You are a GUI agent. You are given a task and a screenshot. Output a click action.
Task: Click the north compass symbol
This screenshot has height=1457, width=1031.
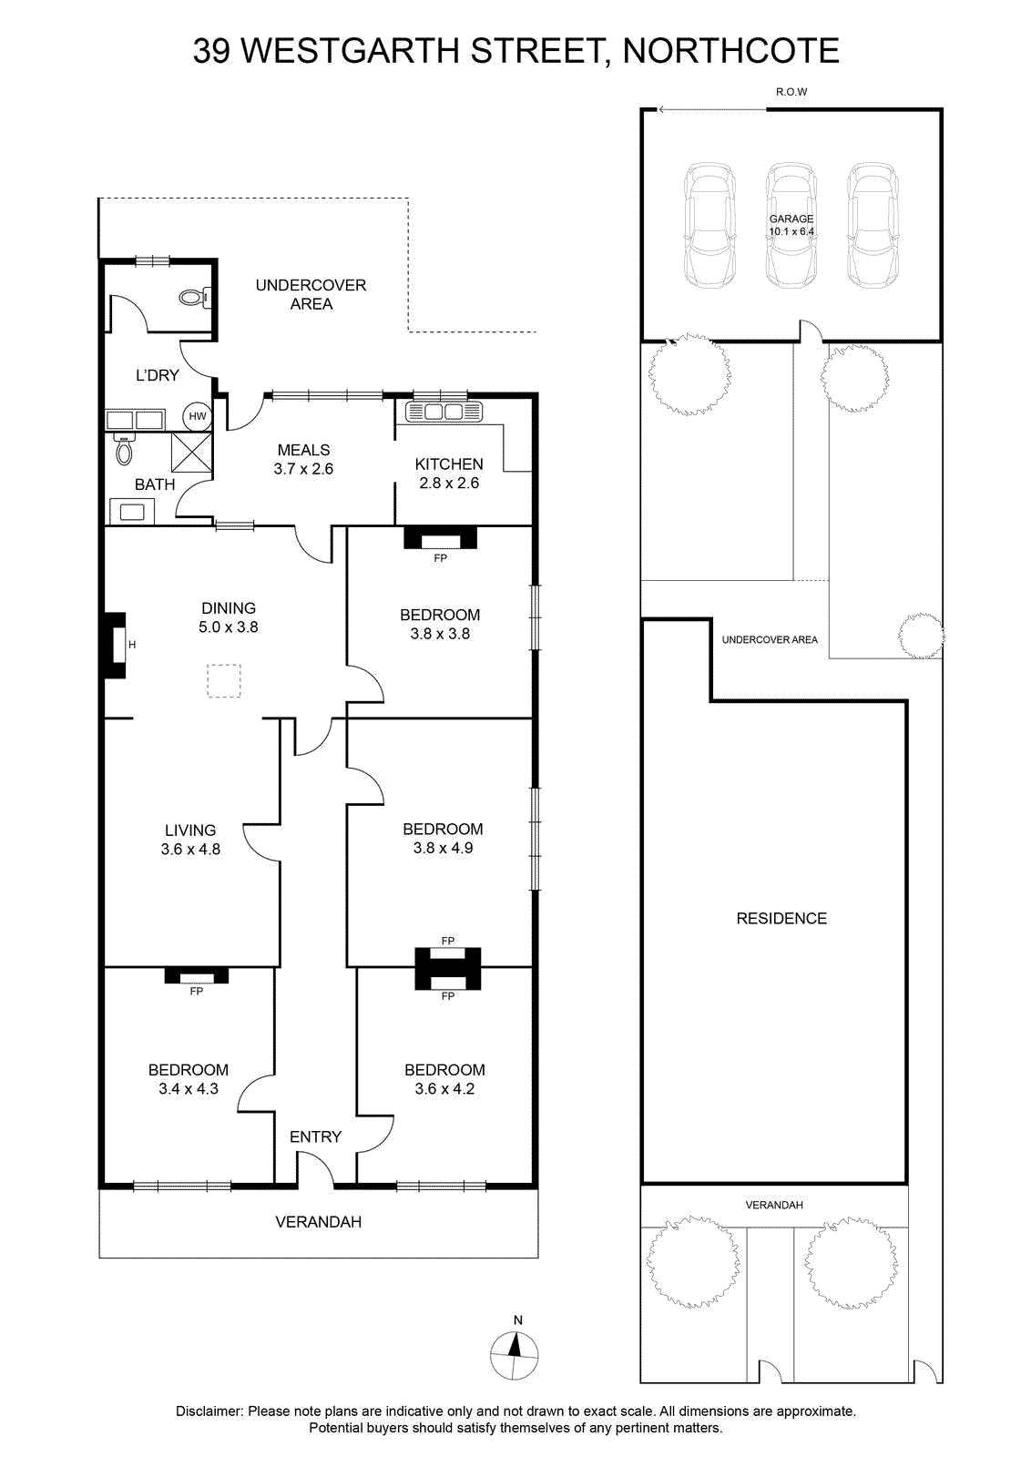click(514, 1355)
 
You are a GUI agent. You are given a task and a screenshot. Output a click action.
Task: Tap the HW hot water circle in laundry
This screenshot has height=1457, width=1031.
click(197, 416)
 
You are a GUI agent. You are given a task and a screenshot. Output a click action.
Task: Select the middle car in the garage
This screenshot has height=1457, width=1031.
click(791, 225)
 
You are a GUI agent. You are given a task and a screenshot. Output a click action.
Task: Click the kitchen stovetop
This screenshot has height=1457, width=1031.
click(444, 412)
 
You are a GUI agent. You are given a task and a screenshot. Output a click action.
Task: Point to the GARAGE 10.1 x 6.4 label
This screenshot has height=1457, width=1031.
click(791, 225)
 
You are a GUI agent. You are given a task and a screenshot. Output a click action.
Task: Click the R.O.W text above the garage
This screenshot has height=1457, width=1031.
click(791, 92)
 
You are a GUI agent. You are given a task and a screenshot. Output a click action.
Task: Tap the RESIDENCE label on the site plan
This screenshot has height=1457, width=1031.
click(781, 919)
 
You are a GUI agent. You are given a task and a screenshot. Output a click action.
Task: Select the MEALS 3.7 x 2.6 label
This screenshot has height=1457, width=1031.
click(303, 459)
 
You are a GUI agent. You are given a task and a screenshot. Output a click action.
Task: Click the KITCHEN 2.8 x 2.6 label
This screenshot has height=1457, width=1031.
click(449, 474)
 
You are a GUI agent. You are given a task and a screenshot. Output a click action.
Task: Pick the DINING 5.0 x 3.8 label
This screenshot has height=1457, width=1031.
click(229, 617)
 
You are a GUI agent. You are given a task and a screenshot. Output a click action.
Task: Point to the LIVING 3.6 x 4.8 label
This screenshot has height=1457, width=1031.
click(190, 840)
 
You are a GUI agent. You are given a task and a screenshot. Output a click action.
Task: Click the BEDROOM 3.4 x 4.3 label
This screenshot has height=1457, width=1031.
click(188, 1079)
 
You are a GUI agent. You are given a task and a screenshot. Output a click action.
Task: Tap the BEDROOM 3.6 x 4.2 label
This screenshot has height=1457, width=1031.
click(444, 1079)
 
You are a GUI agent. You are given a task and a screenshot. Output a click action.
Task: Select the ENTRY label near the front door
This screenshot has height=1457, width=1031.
click(315, 1137)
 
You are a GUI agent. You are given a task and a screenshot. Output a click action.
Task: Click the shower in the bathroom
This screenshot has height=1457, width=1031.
click(191, 452)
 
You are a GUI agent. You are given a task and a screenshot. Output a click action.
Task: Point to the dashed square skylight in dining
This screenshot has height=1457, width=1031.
click(224, 681)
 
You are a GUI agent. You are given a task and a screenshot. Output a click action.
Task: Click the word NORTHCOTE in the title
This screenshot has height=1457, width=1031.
click(731, 51)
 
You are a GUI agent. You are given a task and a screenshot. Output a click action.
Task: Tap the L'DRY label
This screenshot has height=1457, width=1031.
click(157, 375)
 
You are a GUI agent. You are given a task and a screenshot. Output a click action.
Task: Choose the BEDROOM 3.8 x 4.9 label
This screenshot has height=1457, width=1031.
click(443, 839)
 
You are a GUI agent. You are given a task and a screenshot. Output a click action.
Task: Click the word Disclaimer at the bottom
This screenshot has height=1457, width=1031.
click(209, 1411)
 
